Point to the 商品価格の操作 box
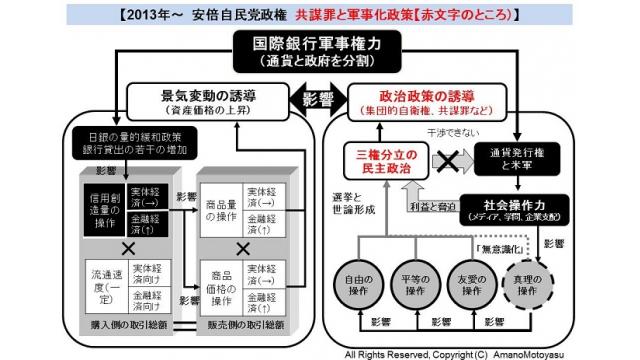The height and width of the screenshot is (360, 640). [220, 282]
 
